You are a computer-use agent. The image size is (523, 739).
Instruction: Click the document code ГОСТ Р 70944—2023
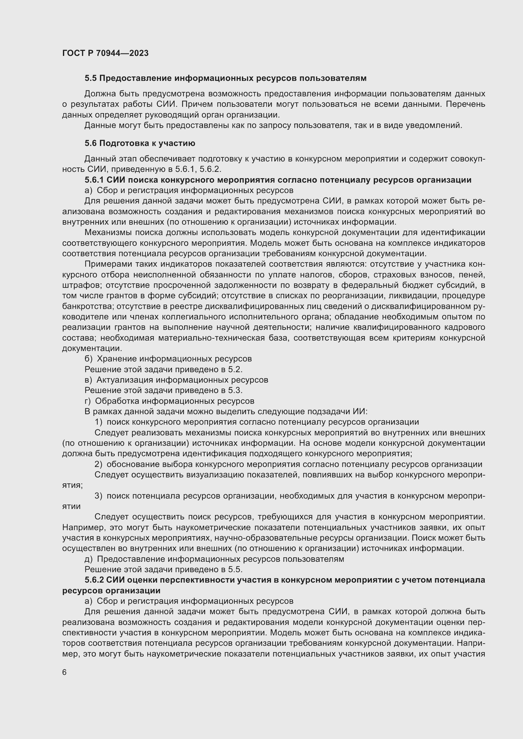point(105,53)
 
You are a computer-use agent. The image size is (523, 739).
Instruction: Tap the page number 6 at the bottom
point(65,672)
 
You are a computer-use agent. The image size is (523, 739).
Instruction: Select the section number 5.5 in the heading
point(91,78)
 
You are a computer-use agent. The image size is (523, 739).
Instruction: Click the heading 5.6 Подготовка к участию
point(140,143)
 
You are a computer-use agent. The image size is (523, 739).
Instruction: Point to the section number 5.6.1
point(94,180)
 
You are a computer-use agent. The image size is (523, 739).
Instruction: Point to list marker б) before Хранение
point(88,359)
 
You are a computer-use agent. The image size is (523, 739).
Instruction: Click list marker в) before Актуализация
point(88,380)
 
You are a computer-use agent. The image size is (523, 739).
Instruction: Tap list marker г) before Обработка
point(88,401)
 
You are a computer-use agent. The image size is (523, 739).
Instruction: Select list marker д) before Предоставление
point(88,559)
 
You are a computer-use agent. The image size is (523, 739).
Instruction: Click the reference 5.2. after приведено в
point(236,369)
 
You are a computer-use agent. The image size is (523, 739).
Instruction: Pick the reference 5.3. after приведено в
point(236,391)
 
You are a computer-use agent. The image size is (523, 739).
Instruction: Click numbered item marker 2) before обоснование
point(98,464)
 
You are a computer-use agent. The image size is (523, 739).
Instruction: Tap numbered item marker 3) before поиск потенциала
point(98,496)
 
